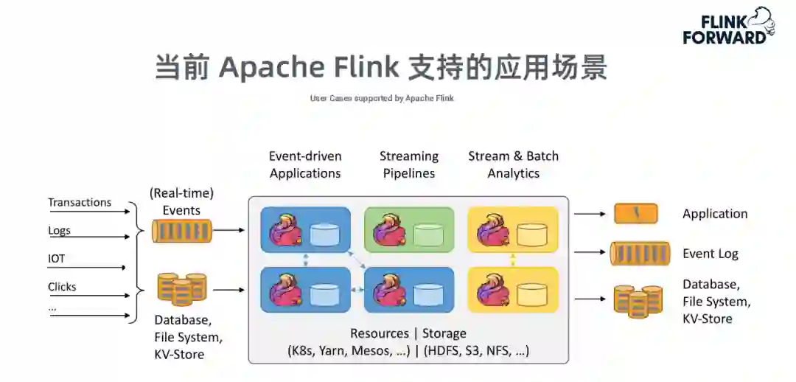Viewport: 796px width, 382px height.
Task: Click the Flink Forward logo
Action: pyautogui.click(x=728, y=26)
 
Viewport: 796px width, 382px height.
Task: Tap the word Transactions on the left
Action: pyautogui.click(x=80, y=202)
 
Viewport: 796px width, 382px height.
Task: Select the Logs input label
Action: pyautogui.click(x=60, y=231)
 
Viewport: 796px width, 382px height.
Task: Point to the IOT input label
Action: pyautogui.click(x=56, y=259)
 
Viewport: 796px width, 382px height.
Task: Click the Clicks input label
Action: pyautogui.click(x=62, y=286)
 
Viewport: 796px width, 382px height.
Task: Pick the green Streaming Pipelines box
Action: pyautogui.click(x=409, y=229)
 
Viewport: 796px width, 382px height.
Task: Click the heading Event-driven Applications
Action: pyautogui.click(x=305, y=164)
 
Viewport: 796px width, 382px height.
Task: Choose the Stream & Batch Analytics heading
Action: pyautogui.click(x=513, y=164)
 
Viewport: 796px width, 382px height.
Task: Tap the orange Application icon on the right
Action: pyautogui.click(x=636, y=213)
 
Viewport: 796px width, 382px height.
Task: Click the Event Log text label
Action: pyautogui.click(x=711, y=254)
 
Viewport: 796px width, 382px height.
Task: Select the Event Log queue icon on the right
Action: pyautogui.click(x=640, y=254)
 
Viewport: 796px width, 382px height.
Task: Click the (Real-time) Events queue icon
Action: pyautogui.click(x=181, y=231)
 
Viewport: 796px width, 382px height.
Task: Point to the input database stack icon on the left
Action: pyautogui.click(x=182, y=289)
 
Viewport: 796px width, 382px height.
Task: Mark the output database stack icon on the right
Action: pyautogui.click(x=638, y=301)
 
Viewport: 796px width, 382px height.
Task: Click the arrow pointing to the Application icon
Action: pyautogui.click(x=590, y=214)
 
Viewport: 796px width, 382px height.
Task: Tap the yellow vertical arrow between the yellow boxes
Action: pyautogui.click(x=513, y=260)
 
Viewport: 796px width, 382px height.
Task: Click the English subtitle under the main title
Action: pyautogui.click(x=382, y=98)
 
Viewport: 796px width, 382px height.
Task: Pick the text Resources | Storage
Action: pyautogui.click(x=408, y=333)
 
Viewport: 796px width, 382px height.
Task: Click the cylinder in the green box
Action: pyautogui.click(x=428, y=235)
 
